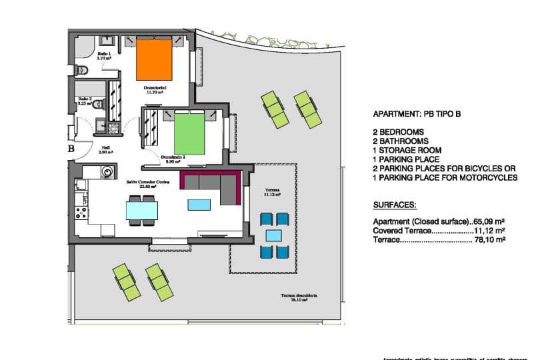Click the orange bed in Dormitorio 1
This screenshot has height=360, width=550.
(x=154, y=59)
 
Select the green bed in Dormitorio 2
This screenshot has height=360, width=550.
(x=191, y=133)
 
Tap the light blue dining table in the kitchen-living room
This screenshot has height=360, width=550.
(x=142, y=211)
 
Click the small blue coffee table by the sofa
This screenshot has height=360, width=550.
(x=198, y=205)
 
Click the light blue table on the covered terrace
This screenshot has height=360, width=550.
(x=273, y=235)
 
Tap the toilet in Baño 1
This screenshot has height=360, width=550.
(x=83, y=70)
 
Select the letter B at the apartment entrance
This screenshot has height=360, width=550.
(x=71, y=149)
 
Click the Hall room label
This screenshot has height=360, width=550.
(x=106, y=150)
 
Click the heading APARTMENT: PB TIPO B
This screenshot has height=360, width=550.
(x=417, y=114)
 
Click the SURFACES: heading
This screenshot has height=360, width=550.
(x=395, y=205)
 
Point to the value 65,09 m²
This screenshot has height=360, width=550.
(x=490, y=221)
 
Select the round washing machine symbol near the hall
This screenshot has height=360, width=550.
(x=107, y=173)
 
